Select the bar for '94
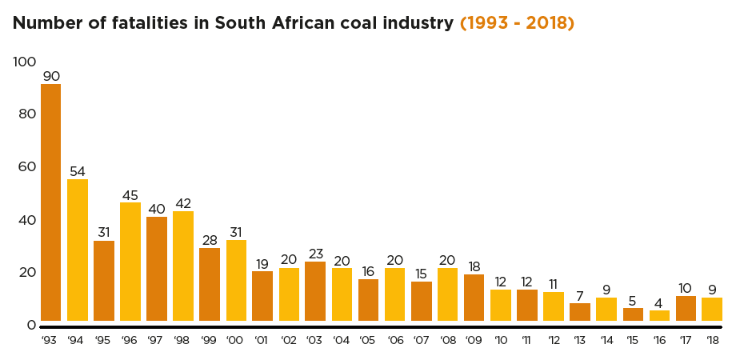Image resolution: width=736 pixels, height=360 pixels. (x=77, y=250)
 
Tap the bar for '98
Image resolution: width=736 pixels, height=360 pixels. (x=183, y=266)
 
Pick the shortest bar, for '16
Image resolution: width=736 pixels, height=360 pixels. (x=659, y=315)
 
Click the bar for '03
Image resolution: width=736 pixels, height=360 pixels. (x=315, y=290)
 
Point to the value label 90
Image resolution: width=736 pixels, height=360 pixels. (x=51, y=76)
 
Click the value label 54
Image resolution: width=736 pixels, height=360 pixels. (x=78, y=171)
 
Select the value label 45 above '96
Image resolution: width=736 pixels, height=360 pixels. (x=130, y=194)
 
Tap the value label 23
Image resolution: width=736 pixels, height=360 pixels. (x=315, y=254)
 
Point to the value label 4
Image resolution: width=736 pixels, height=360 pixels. (x=659, y=302)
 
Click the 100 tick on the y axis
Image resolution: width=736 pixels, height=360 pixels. (x=25, y=62)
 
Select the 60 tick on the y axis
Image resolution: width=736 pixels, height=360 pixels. (x=27, y=166)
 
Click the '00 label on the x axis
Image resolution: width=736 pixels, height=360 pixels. (x=235, y=341)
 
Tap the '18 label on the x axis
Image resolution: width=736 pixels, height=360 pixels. (x=711, y=341)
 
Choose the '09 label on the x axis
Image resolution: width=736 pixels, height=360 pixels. (x=474, y=341)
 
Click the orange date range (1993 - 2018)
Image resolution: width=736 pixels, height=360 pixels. (x=517, y=23)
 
